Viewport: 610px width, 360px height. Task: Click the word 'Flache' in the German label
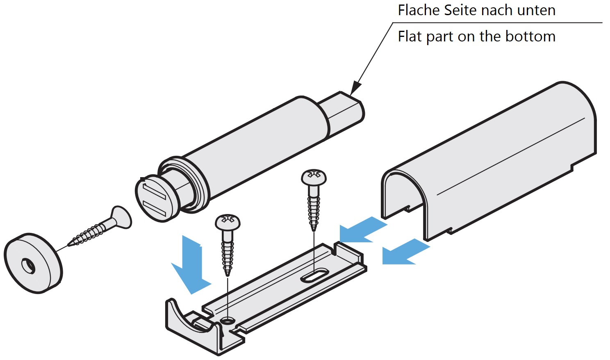tap(419, 10)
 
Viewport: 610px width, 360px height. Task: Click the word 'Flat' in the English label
tap(410, 36)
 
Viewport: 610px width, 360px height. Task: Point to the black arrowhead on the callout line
tap(355, 88)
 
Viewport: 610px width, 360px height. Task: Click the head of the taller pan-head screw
tap(314, 178)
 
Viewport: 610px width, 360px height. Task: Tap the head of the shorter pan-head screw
tap(228, 222)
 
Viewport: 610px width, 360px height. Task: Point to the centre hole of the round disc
tap(28, 266)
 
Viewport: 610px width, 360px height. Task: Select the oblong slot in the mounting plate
tap(314, 275)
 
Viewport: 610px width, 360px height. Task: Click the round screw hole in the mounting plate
tap(227, 320)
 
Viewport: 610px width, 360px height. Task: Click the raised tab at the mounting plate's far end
tap(348, 251)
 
